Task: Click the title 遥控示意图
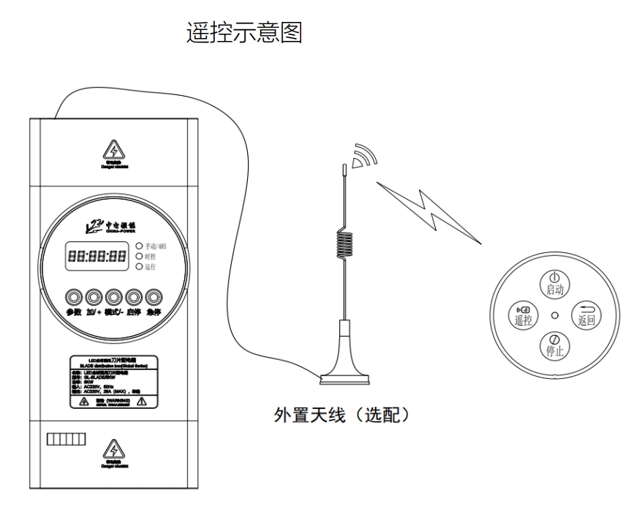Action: coord(245,31)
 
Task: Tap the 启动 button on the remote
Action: coord(553,283)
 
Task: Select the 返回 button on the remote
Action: coord(586,314)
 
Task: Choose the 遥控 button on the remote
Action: coord(523,314)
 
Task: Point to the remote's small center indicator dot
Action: coord(554,315)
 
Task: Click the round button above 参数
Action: coord(74,297)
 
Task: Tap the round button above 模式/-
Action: coord(113,297)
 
